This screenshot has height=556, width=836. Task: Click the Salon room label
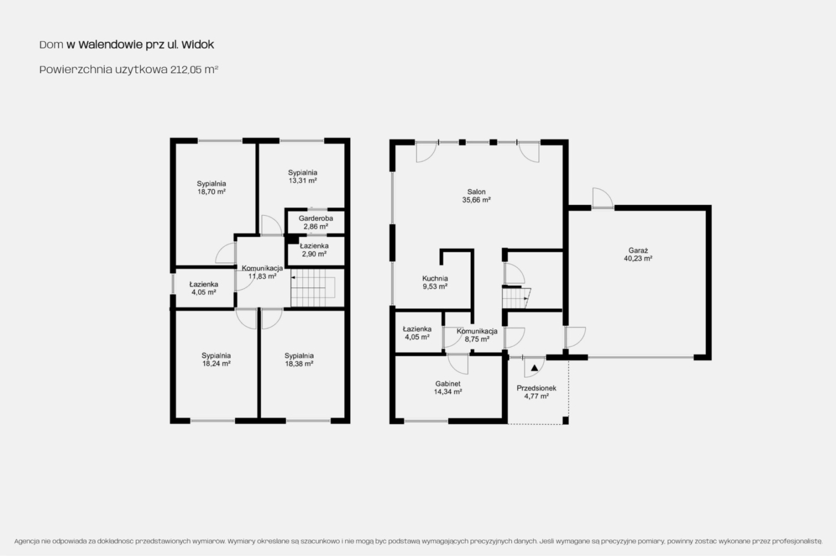coord(476,196)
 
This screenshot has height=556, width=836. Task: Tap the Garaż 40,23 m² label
coord(638,254)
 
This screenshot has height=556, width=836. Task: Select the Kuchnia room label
coord(435,283)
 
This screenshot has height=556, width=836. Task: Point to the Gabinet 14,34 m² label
coord(448,388)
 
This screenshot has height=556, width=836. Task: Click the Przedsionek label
coord(536,392)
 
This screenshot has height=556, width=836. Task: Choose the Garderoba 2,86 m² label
coord(316,222)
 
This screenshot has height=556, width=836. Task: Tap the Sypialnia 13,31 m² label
coord(302,176)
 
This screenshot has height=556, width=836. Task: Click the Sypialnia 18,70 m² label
coord(211,187)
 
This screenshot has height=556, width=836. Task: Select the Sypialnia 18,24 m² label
coord(216,360)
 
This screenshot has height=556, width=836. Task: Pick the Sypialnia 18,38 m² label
coord(299,360)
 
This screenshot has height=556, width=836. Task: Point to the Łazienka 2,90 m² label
coord(314,250)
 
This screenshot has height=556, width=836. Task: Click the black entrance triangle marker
coord(535,368)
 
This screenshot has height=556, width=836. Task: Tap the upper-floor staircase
coord(313,287)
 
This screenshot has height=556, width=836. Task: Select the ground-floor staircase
coord(516,298)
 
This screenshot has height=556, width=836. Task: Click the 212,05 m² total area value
coord(194,70)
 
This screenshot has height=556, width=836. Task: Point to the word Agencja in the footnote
coord(27,541)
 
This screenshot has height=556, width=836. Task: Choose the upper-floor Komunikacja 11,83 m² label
coord(262,272)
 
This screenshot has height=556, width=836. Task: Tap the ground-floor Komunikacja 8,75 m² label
coord(477,335)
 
